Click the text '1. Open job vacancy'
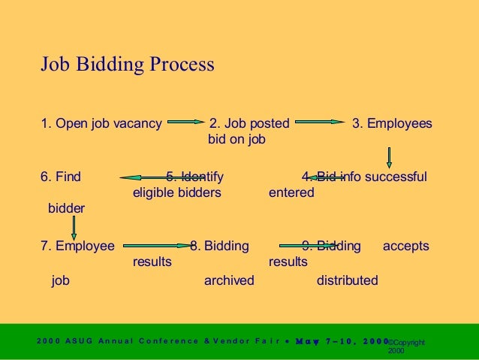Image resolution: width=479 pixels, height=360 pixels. click(101, 123)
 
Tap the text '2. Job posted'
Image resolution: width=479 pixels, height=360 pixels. click(248, 123)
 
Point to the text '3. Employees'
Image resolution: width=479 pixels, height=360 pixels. click(392, 123)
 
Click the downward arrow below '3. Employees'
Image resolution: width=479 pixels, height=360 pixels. click(389, 156)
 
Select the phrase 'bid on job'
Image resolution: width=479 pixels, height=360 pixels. click(236, 139)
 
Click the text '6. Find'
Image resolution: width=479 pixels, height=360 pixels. click(61, 177)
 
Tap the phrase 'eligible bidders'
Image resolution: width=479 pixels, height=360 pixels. click(176, 192)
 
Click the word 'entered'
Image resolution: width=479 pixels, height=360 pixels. click(291, 192)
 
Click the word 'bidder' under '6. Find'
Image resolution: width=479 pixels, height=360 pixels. click(66, 208)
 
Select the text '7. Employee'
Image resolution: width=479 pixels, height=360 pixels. click(78, 246)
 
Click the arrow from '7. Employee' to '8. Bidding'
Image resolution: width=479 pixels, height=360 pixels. click(158, 244)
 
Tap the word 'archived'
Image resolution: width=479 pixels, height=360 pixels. click(229, 281)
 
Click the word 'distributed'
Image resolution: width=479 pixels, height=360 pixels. click(348, 281)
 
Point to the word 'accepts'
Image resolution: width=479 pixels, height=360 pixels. click(406, 246)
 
